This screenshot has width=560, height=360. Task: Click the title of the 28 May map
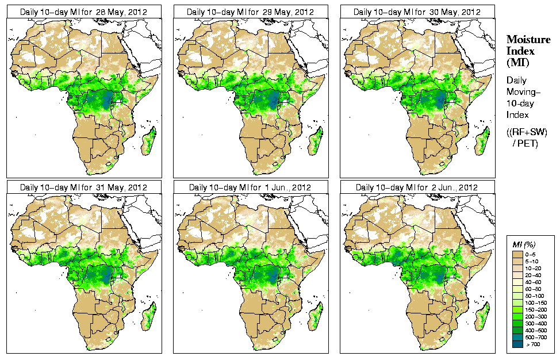pos(84,12)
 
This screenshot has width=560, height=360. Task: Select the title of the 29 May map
pos(251,12)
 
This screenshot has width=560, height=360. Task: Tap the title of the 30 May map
pos(417,12)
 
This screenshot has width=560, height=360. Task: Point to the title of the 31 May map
pos(84,187)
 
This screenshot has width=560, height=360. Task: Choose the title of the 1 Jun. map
pos(251,187)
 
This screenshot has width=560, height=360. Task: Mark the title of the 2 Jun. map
pos(417,187)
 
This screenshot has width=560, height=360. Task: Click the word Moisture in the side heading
pos(528,39)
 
